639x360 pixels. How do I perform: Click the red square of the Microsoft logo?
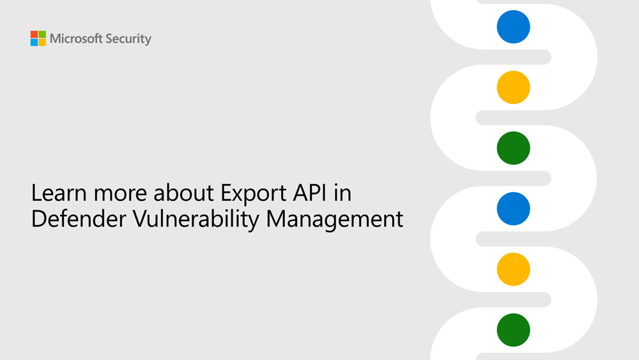34,35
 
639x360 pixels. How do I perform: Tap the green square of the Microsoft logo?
42,35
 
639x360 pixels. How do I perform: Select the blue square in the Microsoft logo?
34,42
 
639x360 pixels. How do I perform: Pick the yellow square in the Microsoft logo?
42,42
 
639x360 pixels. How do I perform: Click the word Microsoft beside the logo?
76,39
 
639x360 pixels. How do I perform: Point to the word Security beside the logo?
128,39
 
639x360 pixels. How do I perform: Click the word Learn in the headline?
59,193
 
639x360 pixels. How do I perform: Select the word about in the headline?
183,193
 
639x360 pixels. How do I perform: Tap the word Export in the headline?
254,194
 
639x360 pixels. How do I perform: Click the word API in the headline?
310,193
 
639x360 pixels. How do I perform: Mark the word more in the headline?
120,195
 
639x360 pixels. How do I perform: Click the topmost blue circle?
514,27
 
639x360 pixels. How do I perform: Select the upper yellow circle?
514,87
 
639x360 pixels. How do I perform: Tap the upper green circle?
514,148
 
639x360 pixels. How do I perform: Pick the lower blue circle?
514,208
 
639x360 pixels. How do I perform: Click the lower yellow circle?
514,269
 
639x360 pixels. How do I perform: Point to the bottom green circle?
514,330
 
